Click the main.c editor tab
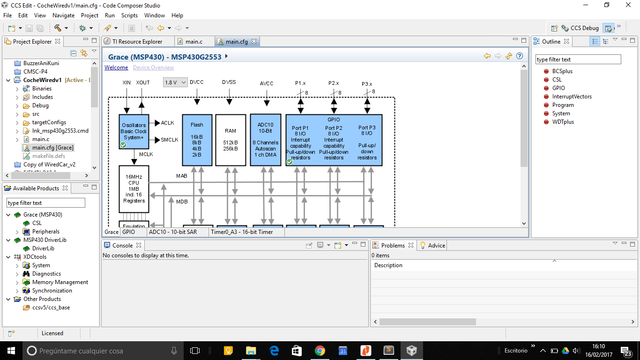pos(193,42)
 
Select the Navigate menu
pos(63,15)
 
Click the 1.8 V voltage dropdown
pos(175,82)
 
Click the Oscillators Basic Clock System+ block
pos(134,132)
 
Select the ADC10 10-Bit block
pos(266,140)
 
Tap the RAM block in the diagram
pos(231,140)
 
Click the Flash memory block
pos(197,140)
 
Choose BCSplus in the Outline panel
pos(562,71)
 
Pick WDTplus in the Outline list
pos(563,122)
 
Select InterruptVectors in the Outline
pos(572,97)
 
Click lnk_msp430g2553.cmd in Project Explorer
pos(60,131)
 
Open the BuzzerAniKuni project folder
pos(41,63)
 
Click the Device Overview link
pos(153,67)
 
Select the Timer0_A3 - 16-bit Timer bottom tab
pos(241,232)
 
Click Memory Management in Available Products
pos(60,282)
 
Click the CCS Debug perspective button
pos(580,28)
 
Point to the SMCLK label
pos(170,140)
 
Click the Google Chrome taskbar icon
pos(320,351)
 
